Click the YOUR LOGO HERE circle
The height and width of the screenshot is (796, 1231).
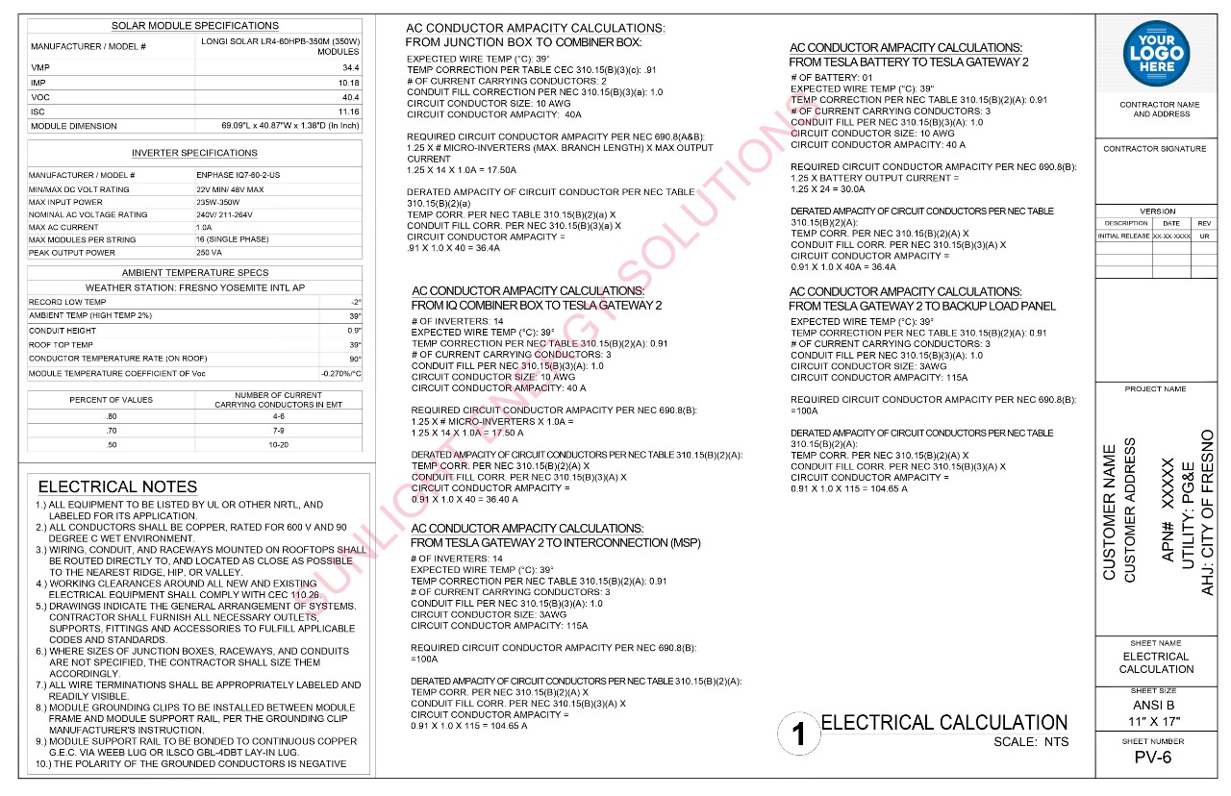click(1156, 54)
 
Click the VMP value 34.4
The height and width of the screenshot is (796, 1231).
click(350, 68)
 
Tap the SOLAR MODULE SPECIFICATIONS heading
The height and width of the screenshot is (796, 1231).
click(195, 26)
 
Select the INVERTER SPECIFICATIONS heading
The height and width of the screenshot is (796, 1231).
click(194, 153)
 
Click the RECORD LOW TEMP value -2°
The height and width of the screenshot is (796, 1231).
click(356, 302)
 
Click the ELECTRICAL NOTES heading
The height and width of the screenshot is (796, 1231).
click(117, 486)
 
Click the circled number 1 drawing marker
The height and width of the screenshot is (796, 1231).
click(797, 734)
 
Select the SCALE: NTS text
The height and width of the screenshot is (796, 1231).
click(1031, 742)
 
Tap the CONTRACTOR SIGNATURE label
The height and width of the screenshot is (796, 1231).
click(1154, 149)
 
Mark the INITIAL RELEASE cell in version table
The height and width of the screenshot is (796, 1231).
click(1123, 236)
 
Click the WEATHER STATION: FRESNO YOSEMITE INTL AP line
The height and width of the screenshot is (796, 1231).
click(195, 287)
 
